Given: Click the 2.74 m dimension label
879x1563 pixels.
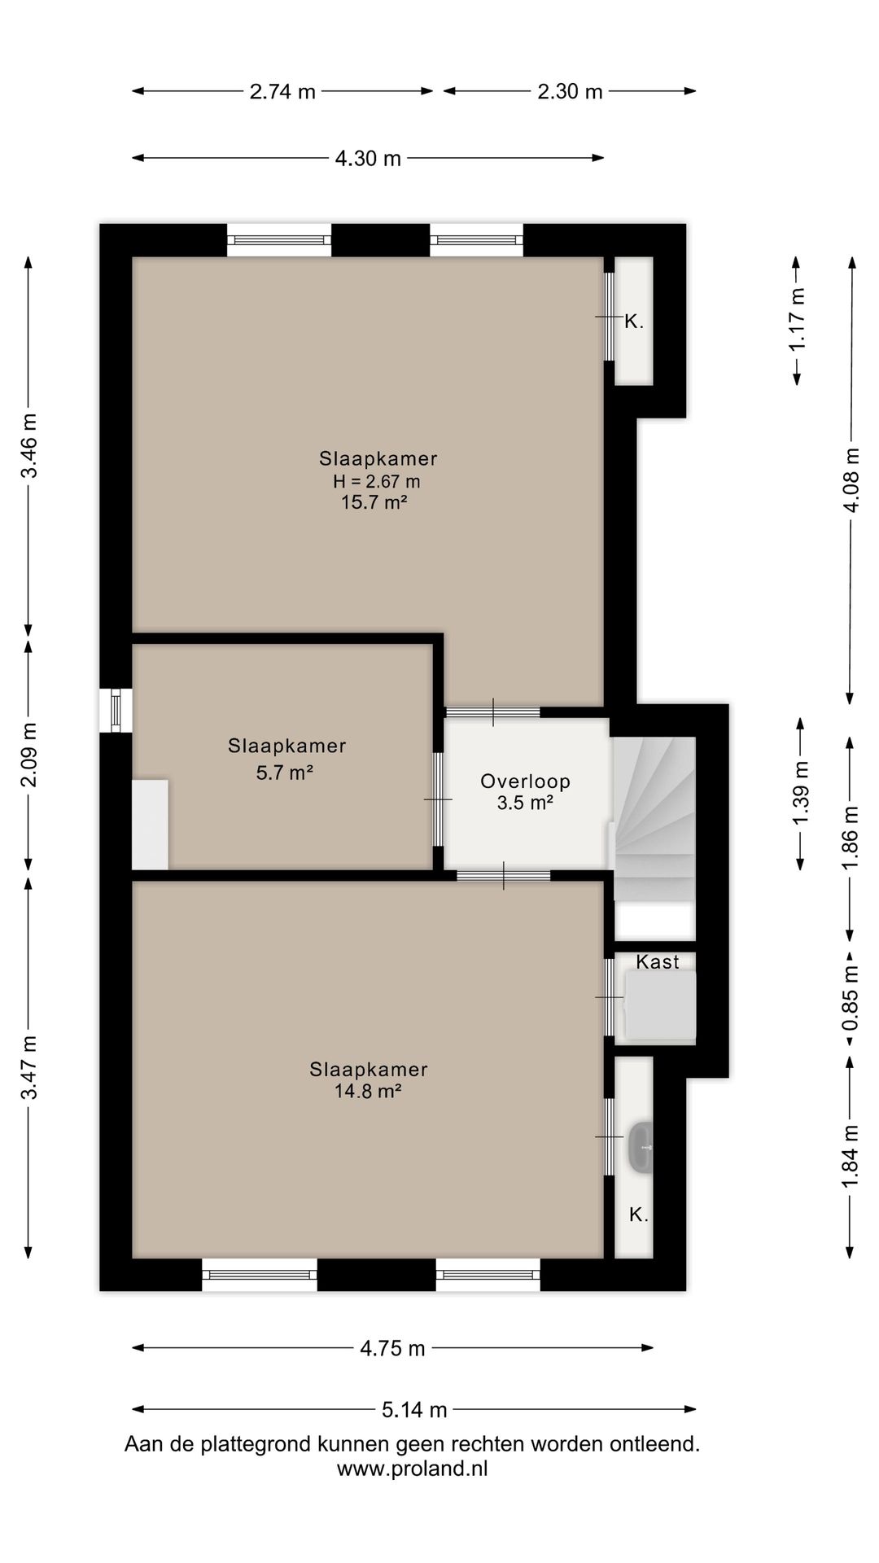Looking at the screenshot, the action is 282,91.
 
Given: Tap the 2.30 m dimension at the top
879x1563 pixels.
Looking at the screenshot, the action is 570,91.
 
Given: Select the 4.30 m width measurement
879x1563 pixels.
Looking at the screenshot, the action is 368,158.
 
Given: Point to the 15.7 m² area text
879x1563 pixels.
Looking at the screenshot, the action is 374,502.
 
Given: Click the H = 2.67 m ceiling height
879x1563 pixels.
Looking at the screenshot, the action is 377,481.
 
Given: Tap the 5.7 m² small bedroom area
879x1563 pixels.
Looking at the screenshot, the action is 285,773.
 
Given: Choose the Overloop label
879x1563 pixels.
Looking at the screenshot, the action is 525,781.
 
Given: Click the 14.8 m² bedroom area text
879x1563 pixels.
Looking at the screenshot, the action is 368,1091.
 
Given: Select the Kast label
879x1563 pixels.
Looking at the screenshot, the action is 658,961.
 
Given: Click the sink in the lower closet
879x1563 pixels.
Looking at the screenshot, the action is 641,1148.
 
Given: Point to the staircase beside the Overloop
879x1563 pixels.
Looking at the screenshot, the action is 654,818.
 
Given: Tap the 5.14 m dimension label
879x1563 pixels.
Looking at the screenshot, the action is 414,1409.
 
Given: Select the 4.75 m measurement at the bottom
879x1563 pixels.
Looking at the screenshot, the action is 392,1348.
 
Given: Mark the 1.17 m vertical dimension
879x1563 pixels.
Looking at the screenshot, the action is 798,319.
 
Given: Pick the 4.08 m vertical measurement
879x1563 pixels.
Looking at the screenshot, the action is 851,480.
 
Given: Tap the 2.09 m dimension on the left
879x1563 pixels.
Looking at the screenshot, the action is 29,755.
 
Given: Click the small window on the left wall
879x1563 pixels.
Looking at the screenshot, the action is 116,711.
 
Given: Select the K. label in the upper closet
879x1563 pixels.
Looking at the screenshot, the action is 634,322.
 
